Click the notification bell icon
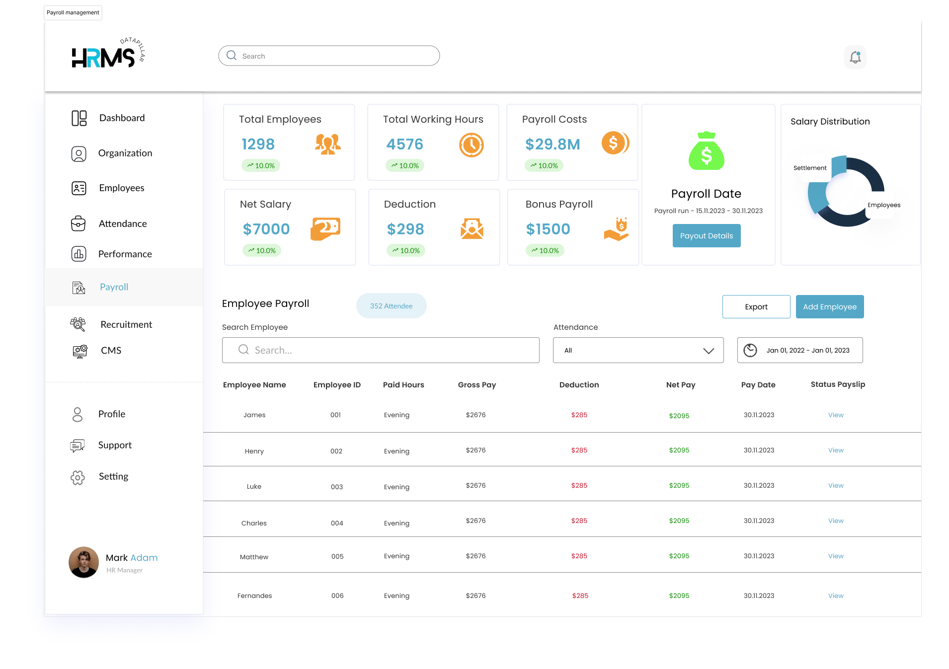click(855, 57)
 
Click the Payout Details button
click(707, 235)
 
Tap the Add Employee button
click(830, 306)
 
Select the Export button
click(756, 306)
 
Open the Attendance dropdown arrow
click(709, 351)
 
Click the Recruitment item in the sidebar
click(126, 324)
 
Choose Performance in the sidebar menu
click(125, 254)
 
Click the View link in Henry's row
click(836, 450)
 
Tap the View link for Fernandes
click(836, 595)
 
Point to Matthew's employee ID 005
click(337, 556)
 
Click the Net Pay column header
click(681, 384)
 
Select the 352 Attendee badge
click(392, 306)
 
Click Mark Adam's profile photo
click(83, 562)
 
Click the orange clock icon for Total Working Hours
click(471, 145)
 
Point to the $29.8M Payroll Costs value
click(553, 144)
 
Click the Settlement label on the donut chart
click(810, 168)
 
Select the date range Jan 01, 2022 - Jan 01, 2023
click(808, 350)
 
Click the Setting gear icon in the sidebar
click(78, 477)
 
